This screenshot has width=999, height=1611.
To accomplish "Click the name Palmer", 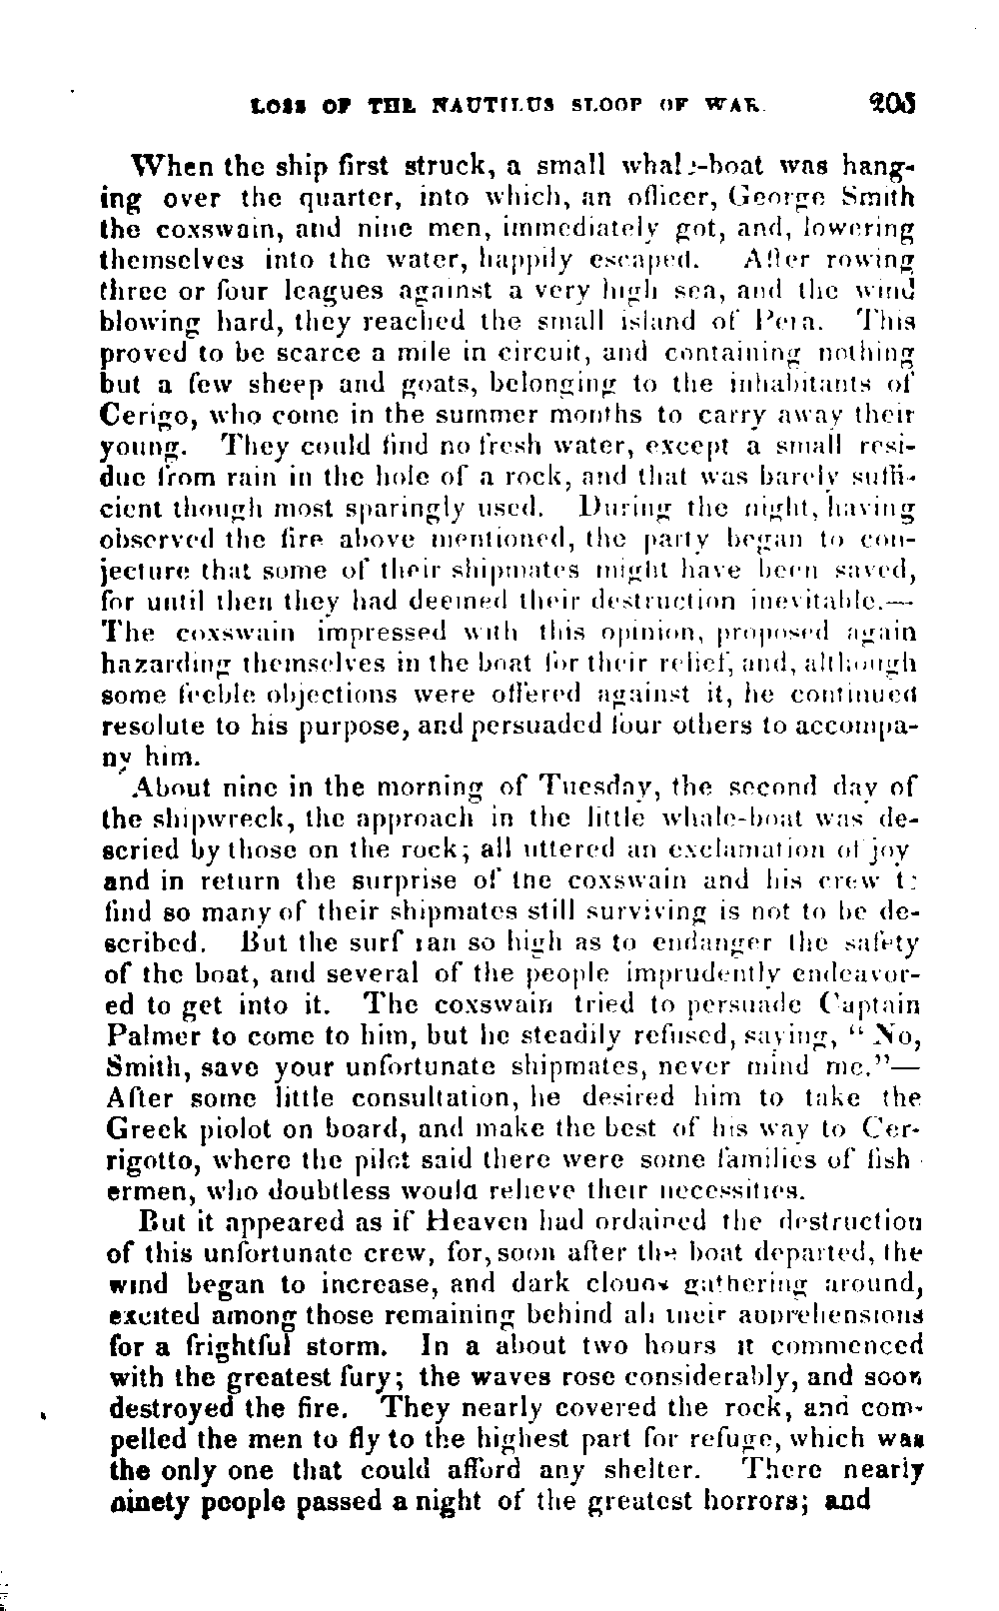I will [x=148, y=1036].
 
